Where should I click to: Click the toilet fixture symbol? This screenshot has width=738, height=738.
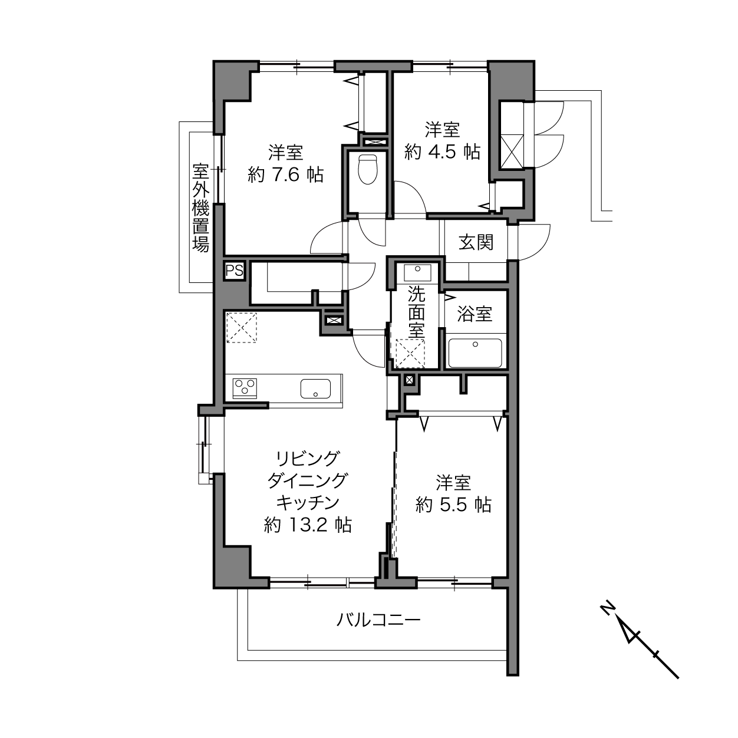tap(368, 169)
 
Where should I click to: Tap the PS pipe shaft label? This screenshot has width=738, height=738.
tap(235, 271)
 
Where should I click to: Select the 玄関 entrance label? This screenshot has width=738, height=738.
tap(476, 242)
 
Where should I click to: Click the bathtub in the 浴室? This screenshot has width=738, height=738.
tap(475, 352)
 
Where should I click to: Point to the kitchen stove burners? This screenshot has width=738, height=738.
tap(245, 388)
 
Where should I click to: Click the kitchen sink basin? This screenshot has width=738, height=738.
tap(315, 388)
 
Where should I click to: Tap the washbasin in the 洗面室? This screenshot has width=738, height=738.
tap(417, 272)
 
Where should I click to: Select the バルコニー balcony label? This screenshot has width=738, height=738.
tap(378, 620)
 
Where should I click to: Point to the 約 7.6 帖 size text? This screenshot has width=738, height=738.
tap(286, 175)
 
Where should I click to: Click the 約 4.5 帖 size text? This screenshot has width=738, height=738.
tap(442, 152)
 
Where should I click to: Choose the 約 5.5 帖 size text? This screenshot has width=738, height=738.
tap(453, 505)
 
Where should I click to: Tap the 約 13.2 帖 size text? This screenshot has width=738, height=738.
tap(308, 525)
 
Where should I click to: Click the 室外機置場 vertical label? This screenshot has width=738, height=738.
tap(200, 207)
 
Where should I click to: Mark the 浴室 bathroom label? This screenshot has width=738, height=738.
tap(475, 314)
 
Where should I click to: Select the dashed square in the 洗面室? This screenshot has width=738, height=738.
tap(410, 353)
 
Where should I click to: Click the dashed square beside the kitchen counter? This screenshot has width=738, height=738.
tap(241, 328)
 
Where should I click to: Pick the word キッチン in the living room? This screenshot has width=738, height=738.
tap(308, 502)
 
